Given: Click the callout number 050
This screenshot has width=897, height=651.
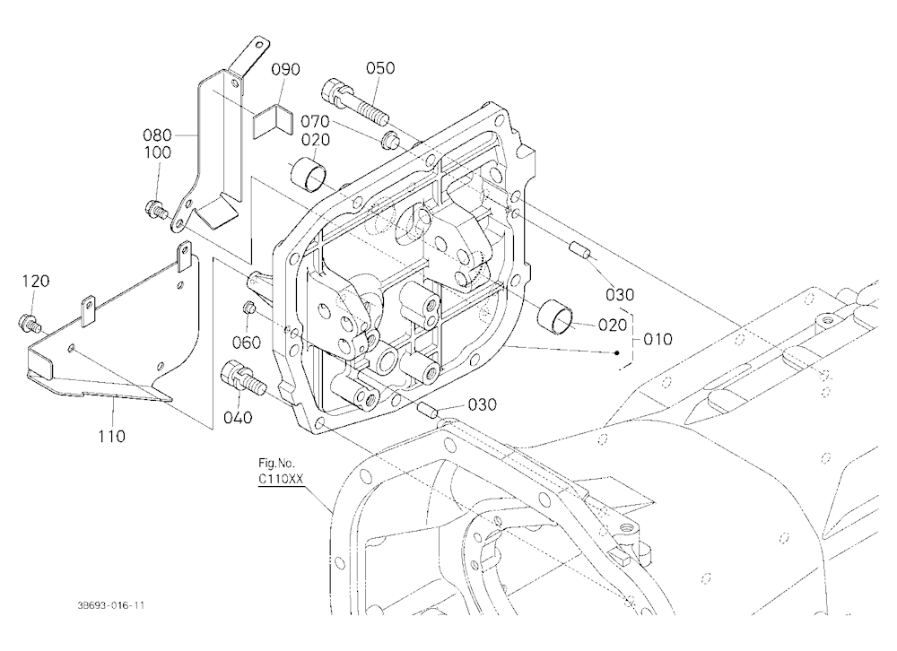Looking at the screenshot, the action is pos(380,68).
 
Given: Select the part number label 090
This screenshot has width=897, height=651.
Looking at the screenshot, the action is pos(285,70).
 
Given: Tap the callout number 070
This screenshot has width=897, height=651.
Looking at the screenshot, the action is pos(315,121).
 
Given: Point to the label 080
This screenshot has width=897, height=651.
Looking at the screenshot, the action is pos(157,135).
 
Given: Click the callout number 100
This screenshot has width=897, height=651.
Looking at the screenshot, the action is pos(157,152).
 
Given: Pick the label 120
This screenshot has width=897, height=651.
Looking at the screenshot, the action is pos(36,281).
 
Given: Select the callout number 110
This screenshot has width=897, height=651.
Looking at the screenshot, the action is pos(111,437).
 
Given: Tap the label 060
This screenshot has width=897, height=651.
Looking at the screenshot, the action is pos(247,343).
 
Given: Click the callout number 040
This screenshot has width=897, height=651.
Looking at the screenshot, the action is pos(238,418).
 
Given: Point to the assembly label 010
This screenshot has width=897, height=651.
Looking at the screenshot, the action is pos(658,340).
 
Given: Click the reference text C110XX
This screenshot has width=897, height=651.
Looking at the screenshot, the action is pos(280,480).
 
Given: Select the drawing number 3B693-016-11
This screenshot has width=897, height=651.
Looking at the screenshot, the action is pos(109,605).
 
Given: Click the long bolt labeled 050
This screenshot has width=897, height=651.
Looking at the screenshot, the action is pos(355,102).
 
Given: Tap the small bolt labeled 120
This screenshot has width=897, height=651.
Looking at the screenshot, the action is pos(30,323).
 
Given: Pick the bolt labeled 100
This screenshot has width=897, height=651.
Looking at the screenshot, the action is pos(156,209).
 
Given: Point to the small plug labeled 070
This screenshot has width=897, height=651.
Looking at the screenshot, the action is pos(389,138).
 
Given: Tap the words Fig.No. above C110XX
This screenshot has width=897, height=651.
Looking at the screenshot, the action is pos(277,464).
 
